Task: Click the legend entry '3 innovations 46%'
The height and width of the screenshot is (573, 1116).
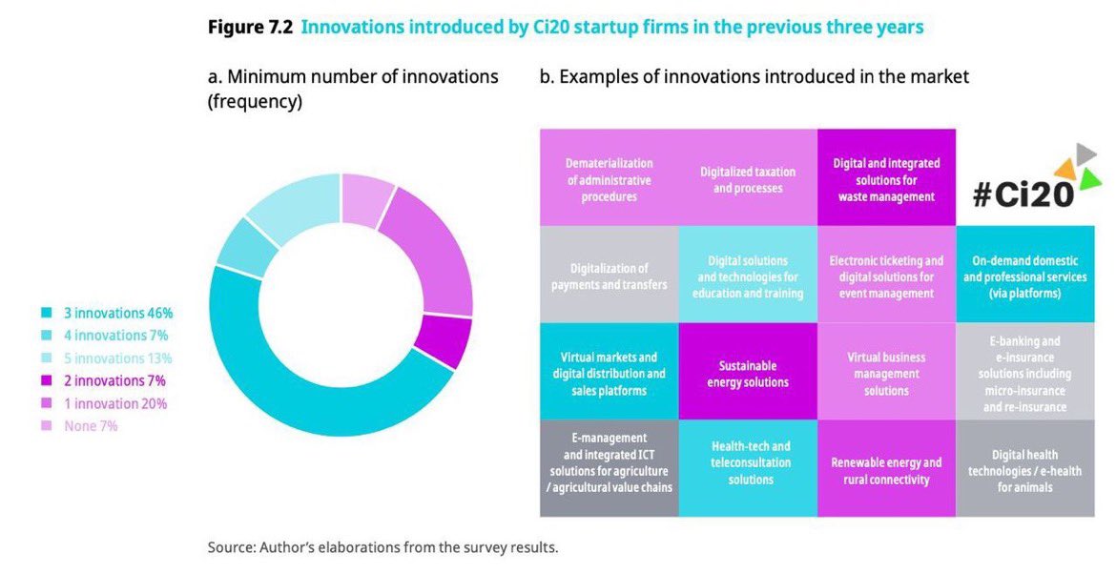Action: point(106,313)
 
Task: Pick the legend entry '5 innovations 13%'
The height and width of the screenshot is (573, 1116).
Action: point(106,358)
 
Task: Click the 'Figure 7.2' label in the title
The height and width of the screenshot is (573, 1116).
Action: point(249,27)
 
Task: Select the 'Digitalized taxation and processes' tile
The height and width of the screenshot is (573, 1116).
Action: point(748,179)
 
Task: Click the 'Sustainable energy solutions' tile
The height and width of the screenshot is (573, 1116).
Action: point(748,374)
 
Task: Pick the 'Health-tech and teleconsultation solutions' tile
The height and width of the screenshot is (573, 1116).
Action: point(748,462)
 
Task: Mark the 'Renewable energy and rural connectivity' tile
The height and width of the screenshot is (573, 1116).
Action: point(885,470)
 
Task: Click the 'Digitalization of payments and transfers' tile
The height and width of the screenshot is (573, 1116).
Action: point(609,276)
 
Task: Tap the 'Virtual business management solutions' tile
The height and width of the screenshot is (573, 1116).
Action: point(885,374)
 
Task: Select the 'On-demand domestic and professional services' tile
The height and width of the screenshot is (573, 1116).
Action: point(1024,276)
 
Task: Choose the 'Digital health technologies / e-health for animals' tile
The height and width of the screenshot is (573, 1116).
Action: point(1024,470)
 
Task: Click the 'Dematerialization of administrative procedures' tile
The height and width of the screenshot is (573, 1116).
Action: point(609,179)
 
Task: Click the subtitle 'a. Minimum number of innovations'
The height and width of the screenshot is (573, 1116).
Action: point(353,76)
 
